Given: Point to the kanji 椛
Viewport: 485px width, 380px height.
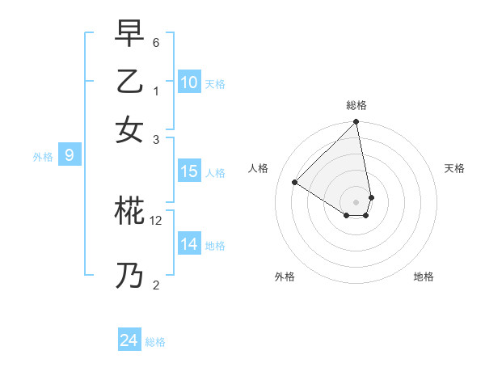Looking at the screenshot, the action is coord(129,211).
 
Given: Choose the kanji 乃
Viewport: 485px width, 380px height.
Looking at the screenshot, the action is coord(129,277).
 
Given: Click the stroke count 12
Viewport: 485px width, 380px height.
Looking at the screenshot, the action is coord(156,220).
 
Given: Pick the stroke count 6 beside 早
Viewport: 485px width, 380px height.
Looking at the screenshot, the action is coord(156,41).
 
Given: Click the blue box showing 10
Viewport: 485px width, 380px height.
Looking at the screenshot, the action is coord(189,82).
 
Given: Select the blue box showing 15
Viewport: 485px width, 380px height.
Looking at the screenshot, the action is coord(189,171).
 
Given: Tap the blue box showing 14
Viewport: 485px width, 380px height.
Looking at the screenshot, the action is coord(189,244).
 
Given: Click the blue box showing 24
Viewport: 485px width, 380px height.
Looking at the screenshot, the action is coord(129,340).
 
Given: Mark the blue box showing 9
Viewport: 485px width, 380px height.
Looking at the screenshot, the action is coord(70,155).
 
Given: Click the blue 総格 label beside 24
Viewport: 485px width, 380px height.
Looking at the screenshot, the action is coord(155,342).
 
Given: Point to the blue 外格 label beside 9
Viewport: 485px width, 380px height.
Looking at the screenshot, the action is coord(42,157).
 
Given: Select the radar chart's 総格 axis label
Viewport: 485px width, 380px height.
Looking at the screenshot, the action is coord(356,105).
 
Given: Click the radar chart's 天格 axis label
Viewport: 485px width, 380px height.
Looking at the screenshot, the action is coord(454,168).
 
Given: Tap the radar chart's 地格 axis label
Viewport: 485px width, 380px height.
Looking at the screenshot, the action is coord(424,277).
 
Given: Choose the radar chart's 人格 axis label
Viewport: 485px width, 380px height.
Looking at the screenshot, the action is coord(259,168).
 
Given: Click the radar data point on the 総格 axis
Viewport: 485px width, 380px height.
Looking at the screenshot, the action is coord(356,123).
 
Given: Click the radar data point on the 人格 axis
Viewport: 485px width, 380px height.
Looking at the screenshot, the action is coord(295,183).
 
